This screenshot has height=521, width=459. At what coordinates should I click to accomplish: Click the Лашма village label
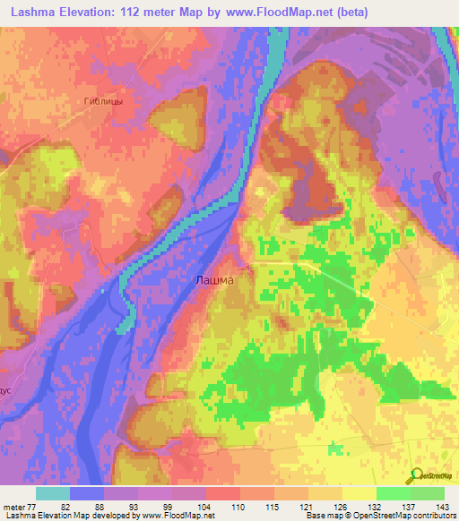point(214,280)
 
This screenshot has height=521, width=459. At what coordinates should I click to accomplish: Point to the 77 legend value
point(32,506)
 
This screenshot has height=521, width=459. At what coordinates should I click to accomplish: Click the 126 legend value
point(342,506)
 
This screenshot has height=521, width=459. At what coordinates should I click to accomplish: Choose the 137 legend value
point(410,506)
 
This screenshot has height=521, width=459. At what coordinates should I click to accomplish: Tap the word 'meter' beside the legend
point(14,506)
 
